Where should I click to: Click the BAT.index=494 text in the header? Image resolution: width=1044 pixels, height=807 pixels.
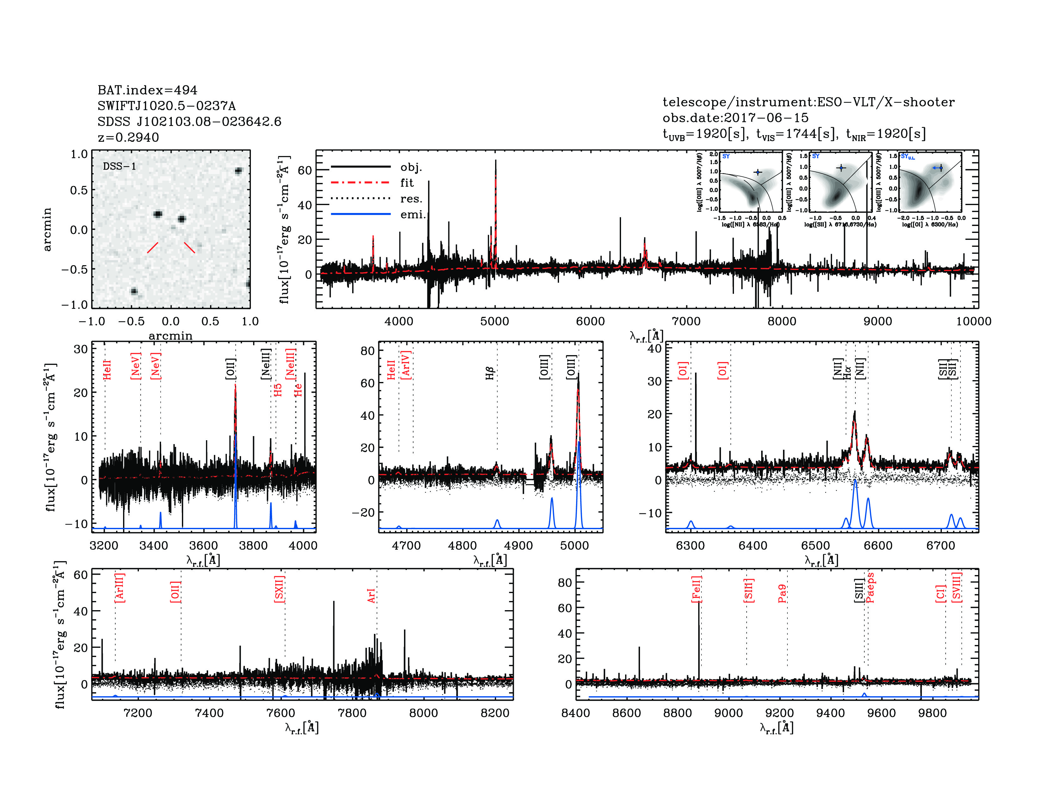click(147, 90)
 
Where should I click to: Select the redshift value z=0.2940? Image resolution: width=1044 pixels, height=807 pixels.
click(128, 137)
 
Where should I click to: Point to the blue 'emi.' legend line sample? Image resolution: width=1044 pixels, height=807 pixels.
click(361, 214)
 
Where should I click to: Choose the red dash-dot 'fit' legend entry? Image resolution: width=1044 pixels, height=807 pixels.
click(361, 183)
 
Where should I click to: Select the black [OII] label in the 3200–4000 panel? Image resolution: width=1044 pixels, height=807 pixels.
click(230, 369)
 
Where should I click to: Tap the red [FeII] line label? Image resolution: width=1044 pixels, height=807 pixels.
click(697, 589)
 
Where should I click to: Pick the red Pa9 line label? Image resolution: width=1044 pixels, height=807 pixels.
click(782, 593)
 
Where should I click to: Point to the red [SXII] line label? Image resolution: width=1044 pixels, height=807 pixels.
click(279, 589)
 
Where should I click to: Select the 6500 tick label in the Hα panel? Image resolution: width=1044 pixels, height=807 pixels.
click(816, 546)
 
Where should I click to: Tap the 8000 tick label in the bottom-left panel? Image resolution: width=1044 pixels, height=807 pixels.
click(424, 713)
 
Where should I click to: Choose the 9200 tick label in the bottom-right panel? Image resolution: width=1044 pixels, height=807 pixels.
click(780, 713)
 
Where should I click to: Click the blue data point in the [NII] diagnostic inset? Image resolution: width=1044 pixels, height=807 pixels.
click(758, 172)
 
